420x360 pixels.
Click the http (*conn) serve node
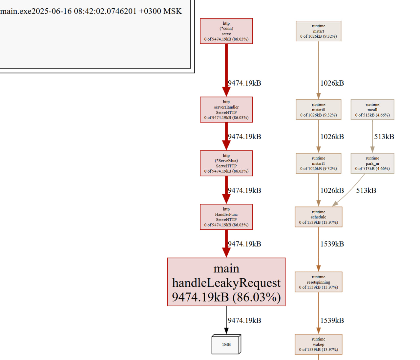(226, 31)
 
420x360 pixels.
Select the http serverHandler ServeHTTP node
(226, 110)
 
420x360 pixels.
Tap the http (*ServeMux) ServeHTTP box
(226, 163)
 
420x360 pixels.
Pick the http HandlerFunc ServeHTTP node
(226, 217)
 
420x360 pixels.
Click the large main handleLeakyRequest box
(226, 282)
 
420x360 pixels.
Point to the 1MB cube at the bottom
(226, 344)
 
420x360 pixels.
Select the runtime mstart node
(318, 31)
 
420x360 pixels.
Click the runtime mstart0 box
(318, 110)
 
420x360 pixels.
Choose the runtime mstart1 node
(318, 163)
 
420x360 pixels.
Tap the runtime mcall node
(372, 110)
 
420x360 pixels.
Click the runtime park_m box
(372, 163)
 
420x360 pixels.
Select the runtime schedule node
(318, 217)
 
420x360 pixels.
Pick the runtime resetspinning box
(318, 282)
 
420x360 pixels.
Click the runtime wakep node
(318, 344)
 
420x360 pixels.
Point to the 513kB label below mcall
(384, 137)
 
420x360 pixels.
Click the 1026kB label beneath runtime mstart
(332, 83)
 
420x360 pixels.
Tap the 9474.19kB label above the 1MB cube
(244, 320)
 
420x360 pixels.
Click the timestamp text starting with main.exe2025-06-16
(91, 11)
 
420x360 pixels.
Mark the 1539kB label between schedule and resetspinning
(332, 244)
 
